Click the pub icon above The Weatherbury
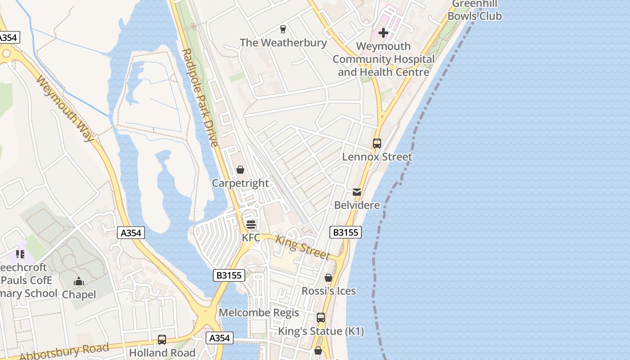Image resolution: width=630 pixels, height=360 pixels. (283, 29)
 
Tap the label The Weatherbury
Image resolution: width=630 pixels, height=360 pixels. (283, 43)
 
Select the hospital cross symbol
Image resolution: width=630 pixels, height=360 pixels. (383, 33)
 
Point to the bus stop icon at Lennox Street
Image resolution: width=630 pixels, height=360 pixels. (377, 144)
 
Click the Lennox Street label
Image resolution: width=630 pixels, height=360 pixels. (377, 157)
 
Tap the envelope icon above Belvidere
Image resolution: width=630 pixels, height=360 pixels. (357, 192)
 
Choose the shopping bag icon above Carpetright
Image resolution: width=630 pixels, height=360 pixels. (240, 170)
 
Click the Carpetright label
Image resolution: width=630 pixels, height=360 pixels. (240, 183)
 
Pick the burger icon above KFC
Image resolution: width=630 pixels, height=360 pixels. (251, 224)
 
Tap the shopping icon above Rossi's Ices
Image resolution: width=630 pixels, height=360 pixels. (328, 278)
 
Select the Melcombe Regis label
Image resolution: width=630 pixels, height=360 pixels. (259, 313)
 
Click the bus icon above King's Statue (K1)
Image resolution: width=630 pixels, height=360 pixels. (321, 318)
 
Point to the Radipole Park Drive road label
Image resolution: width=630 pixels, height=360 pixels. (201, 97)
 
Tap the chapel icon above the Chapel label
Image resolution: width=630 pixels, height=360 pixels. (79, 282)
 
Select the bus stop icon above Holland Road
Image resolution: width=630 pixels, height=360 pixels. (162, 340)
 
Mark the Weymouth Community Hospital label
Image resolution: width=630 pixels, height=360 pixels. (383, 59)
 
